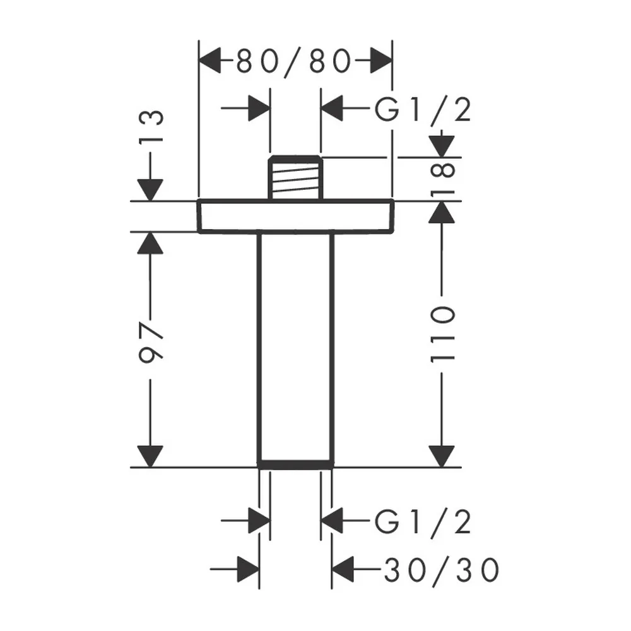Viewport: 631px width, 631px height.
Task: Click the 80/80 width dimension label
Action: pos(294,62)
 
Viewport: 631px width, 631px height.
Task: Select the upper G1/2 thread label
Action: pos(423,109)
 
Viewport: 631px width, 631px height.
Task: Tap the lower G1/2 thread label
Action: pos(423,522)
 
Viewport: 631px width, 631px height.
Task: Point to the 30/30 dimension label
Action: pos(442,570)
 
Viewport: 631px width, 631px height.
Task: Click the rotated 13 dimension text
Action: pos(151,126)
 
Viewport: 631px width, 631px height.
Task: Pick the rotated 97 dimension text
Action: pos(151,341)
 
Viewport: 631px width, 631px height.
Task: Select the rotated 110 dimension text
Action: pos(443,334)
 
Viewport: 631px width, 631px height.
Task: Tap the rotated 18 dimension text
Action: pos(443,179)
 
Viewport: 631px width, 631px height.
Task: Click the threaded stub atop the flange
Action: pos(295,177)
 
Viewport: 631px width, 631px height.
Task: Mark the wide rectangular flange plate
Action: pos(295,216)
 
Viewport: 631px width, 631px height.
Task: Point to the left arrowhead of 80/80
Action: pos(210,61)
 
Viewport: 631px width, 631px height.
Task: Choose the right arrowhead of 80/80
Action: pos(381,61)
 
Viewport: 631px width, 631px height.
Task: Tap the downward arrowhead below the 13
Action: pos(150,190)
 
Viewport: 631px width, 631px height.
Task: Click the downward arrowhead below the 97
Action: pos(150,457)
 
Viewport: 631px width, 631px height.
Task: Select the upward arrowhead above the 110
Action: pos(442,212)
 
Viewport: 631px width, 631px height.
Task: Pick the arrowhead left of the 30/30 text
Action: pos(343,569)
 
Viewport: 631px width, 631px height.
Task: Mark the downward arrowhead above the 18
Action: pos(442,146)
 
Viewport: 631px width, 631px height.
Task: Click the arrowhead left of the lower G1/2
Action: pos(332,521)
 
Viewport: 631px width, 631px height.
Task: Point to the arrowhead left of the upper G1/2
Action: pos(332,108)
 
